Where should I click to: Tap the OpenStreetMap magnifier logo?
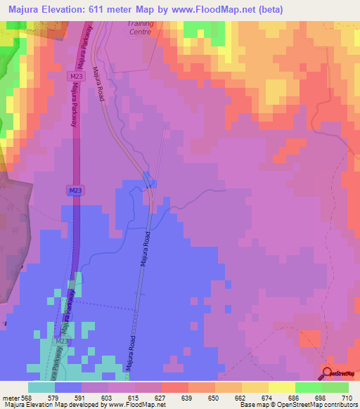point(328,374)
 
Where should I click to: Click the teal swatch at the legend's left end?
point(41,387)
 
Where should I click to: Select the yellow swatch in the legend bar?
point(281,387)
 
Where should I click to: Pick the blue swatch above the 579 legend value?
point(68,387)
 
